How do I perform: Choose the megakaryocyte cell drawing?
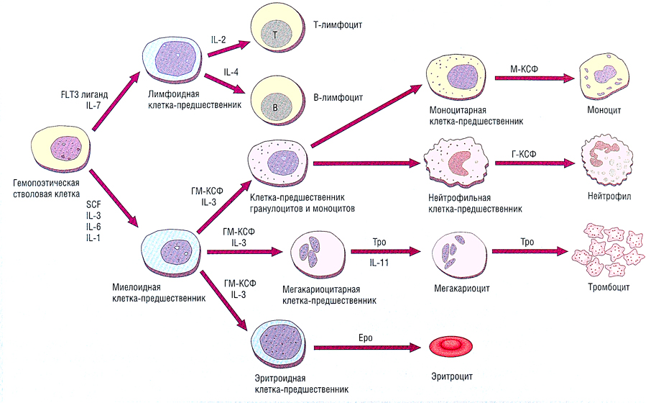pyautogui.click(x=454, y=257)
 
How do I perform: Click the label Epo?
pyautogui.click(x=364, y=336)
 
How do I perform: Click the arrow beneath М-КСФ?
pyautogui.click(x=529, y=78)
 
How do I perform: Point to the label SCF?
pyautogui.click(x=93, y=204)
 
